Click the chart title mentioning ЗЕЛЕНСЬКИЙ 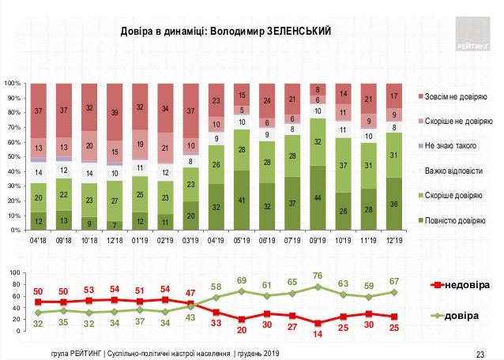225,31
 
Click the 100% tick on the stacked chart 13,83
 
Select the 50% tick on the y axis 15,156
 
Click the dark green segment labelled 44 318,197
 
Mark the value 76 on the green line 318,276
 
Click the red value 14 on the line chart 318,335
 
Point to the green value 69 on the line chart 242,280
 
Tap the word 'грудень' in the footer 246,351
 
